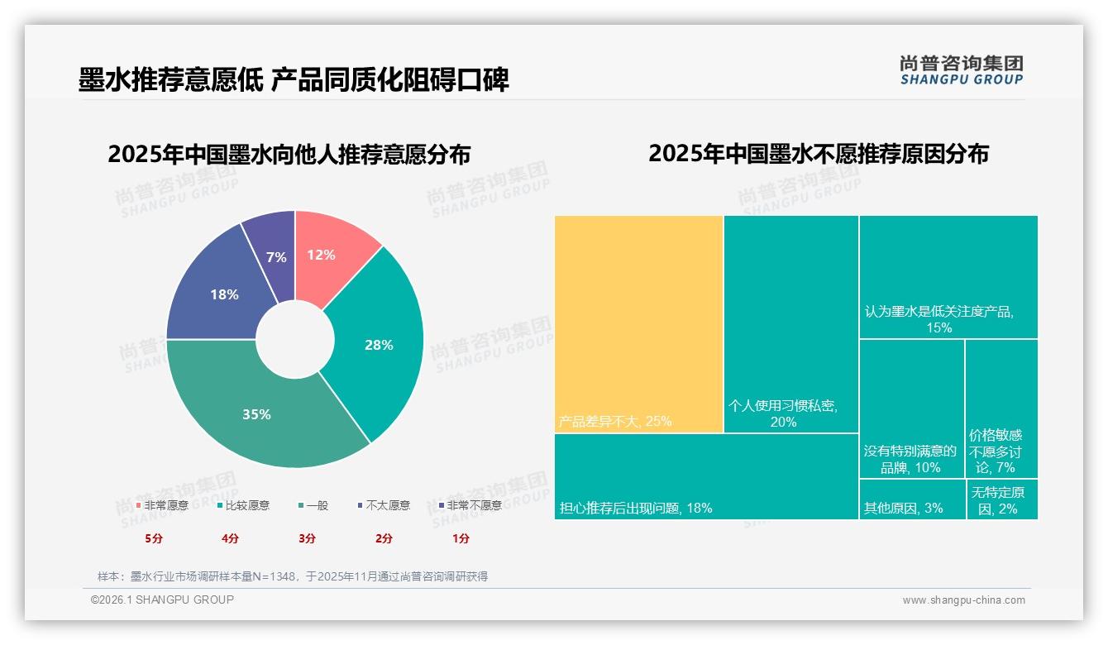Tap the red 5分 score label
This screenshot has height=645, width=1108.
pyautogui.click(x=154, y=538)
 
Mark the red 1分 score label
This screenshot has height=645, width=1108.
pyautogui.click(x=461, y=538)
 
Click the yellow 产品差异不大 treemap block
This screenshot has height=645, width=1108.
pyautogui.click(x=638, y=323)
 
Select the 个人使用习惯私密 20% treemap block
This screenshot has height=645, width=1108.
pyautogui.click(x=790, y=323)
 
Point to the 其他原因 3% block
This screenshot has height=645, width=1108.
pyautogui.click(x=911, y=499)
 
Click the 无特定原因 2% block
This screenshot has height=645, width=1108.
pyautogui.click(x=1002, y=499)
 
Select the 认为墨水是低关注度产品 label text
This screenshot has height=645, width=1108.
pyautogui.click(x=939, y=313)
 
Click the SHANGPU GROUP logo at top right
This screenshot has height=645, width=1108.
pyautogui.click(x=961, y=70)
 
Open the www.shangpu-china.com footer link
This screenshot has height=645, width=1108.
pyautogui.click(x=963, y=600)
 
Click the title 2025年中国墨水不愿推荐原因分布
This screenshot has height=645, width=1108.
pyautogui.click(x=818, y=154)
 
